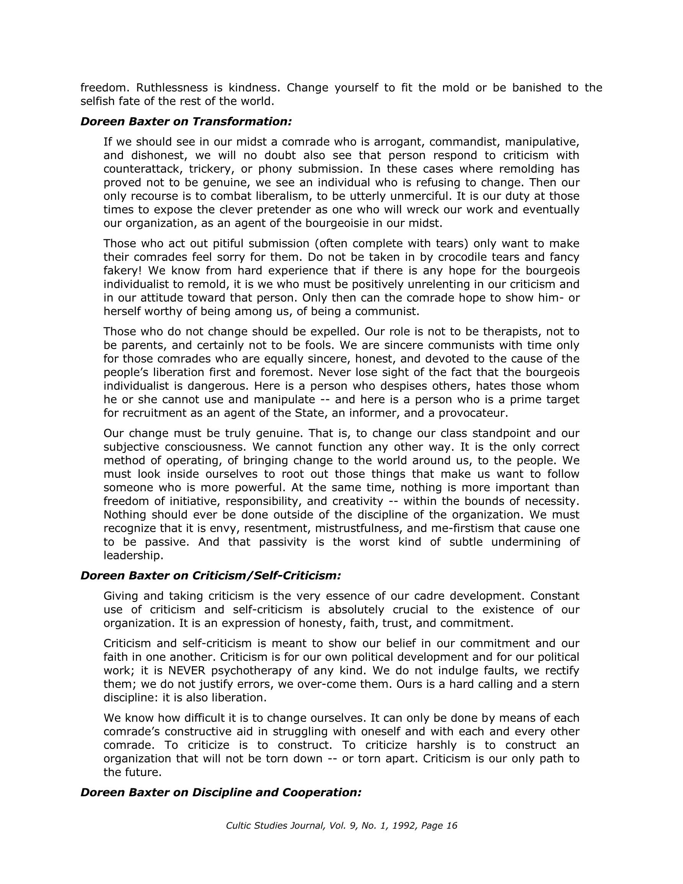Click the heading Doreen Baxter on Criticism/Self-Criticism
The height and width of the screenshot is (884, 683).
coord(211,575)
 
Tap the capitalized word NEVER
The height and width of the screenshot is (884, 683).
coord(187,670)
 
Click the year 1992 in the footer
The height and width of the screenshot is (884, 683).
coord(406,825)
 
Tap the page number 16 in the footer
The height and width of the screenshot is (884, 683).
coord(451,825)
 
